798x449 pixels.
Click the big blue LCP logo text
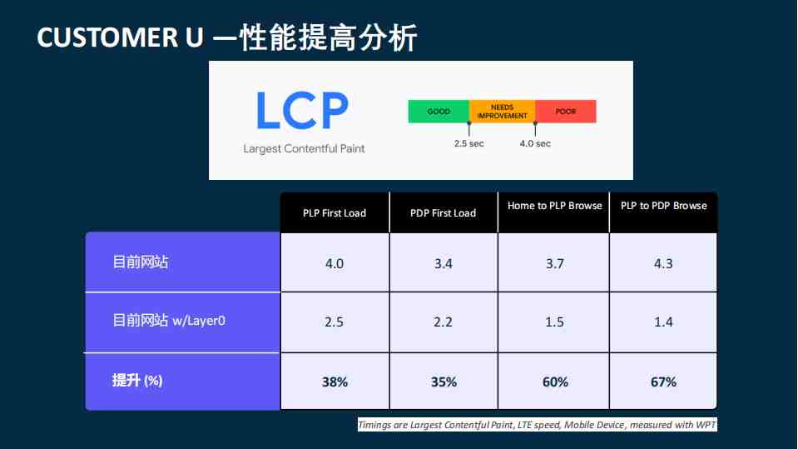coord(302,111)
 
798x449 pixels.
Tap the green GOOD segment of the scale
coord(439,111)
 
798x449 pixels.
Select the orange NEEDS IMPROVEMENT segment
coord(503,111)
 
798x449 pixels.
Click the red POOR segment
coord(565,111)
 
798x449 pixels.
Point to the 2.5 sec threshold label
coord(468,144)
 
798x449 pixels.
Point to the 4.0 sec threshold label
coord(535,144)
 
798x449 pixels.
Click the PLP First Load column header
coord(335,213)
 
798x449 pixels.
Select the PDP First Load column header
coord(444,213)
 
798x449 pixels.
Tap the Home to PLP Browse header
coord(555,206)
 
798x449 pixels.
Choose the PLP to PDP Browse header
coord(664,206)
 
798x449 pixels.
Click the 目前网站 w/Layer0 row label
coord(168,321)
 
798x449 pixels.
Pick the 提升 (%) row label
coord(137,380)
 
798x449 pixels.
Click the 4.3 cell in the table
coord(663,263)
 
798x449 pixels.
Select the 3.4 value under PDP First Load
coord(444,263)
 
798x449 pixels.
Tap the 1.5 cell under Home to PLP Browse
coord(554,322)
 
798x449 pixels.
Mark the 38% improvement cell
coord(335,382)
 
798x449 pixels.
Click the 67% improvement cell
coord(664,382)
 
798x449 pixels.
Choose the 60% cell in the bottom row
coord(555,382)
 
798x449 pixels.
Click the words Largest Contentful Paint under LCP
coord(304,149)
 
